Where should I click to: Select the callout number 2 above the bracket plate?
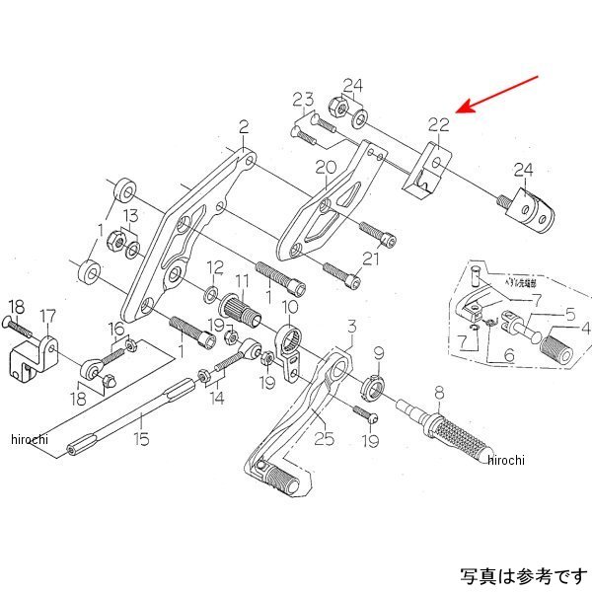tap(243, 126)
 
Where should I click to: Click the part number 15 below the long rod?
tap(143, 438)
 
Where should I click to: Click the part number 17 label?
tap(47, 316)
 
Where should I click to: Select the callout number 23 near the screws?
tap(303, 99)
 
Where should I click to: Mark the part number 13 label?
tap(130, 217)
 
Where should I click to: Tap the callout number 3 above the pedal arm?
tap(350, 326)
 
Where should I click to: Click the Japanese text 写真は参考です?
tap(519, 573)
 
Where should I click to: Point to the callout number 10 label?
tap(292, 307)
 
